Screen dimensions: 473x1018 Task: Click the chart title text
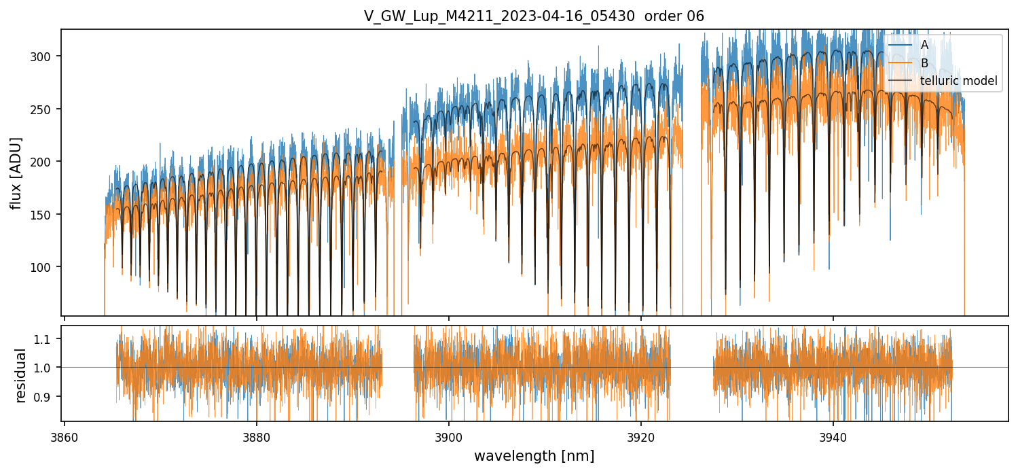tap(534, 16)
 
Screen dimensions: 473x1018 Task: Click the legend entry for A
tap(924, 46)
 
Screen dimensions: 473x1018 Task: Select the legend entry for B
tap(924, 63)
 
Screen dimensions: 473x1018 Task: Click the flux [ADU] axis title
tap(16, 173)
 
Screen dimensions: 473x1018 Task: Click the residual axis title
tap(21, 375)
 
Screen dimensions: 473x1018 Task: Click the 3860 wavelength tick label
tap(65, 436)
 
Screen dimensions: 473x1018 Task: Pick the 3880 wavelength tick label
tap(257, 436)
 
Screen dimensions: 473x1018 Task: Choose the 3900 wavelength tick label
tap(449, 436)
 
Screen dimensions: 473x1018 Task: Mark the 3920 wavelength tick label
tap(641, 436)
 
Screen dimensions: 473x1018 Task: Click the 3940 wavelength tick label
tap(833, 436)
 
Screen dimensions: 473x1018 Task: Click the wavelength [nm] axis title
tap(534, 455)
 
